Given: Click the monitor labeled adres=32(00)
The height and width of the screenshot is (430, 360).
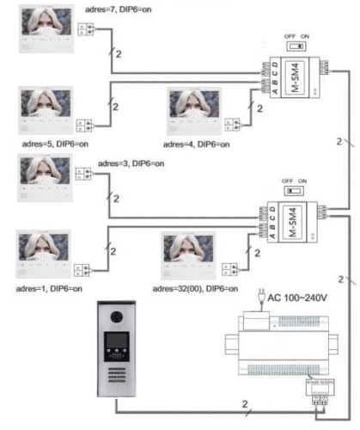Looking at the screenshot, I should [x=190, y=253].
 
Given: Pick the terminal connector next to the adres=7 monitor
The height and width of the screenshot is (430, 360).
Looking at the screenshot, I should [x=86, y=29].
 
